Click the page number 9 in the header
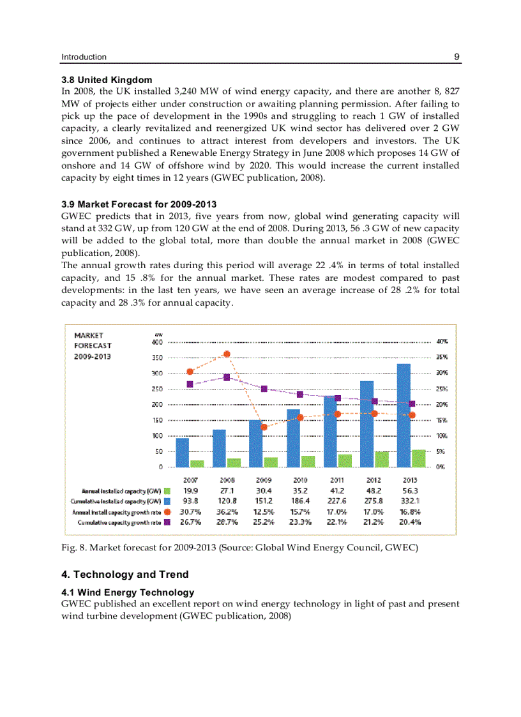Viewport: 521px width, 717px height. pos(457,57)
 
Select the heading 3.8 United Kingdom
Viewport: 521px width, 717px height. pos(107,80)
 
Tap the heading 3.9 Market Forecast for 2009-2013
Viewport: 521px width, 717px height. pos(139,204)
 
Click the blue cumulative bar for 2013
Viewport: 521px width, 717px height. pos(404,415)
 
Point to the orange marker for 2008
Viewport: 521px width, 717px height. pos(227,354)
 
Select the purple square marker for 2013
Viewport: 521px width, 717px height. pos(412,404)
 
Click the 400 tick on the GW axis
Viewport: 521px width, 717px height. pos(156,342)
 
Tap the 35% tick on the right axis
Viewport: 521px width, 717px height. pos(441,358)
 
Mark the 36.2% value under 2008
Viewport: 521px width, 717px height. pos(227,511)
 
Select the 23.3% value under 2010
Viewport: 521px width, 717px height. pos(299,522)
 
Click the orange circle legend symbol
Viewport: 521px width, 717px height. pos(167,512)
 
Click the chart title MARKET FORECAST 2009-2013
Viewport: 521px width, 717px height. pos(93,345)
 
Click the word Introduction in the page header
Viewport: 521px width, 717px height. pos(84,57)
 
